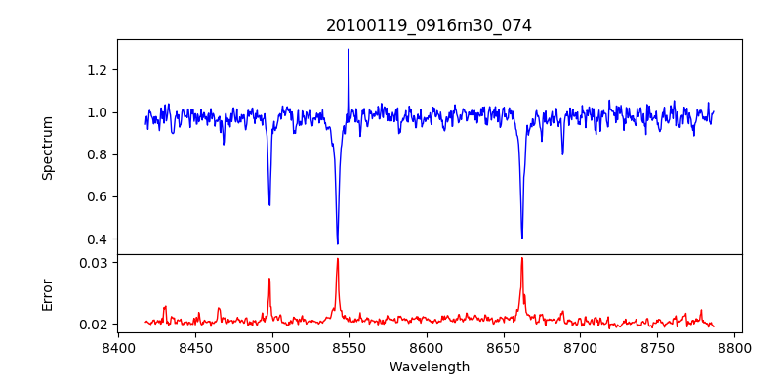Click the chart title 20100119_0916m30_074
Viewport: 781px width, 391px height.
[x=429, y=25]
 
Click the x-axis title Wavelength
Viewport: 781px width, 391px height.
[x=429, y=367]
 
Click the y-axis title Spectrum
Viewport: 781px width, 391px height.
[x=47, y=148]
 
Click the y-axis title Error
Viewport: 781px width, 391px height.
[x=47, y=293]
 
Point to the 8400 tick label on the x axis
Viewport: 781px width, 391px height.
[x=118, y=347]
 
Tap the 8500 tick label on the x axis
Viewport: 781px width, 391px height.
[x=272, y=347]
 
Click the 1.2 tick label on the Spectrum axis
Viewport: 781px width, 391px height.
[x=98, y=70]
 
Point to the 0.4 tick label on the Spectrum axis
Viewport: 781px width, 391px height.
[x=98, y=239]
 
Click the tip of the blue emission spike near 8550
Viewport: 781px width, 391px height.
[x=349, y=49]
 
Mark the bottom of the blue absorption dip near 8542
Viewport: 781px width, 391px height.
[x=338, y=243]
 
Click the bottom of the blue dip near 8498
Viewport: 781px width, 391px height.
[x=269, y=204]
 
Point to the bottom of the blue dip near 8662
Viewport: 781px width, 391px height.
[x=522, y=238]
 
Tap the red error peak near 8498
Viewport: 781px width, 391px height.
[x=269, y=279]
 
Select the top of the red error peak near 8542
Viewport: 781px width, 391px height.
[x=338, y=259]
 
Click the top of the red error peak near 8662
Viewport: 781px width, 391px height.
[x=522, y=258]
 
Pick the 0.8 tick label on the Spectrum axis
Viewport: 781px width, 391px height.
[x=98, y=154]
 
